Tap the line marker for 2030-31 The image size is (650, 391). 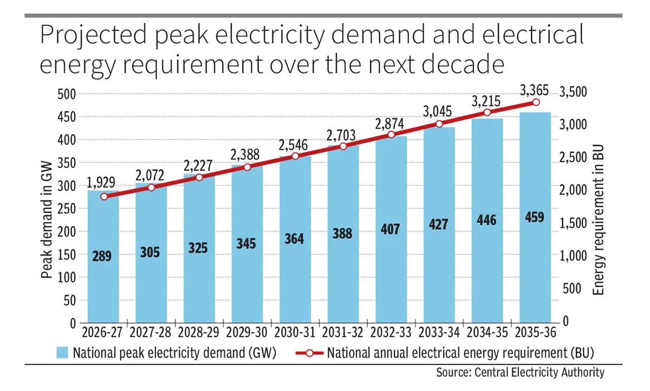coord(295,156)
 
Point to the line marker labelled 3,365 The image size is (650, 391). coord(536,102)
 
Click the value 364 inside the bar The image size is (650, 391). coord(295,238)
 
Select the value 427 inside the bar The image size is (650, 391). coord(439,224)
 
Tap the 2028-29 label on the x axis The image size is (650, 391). coord(199,332)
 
